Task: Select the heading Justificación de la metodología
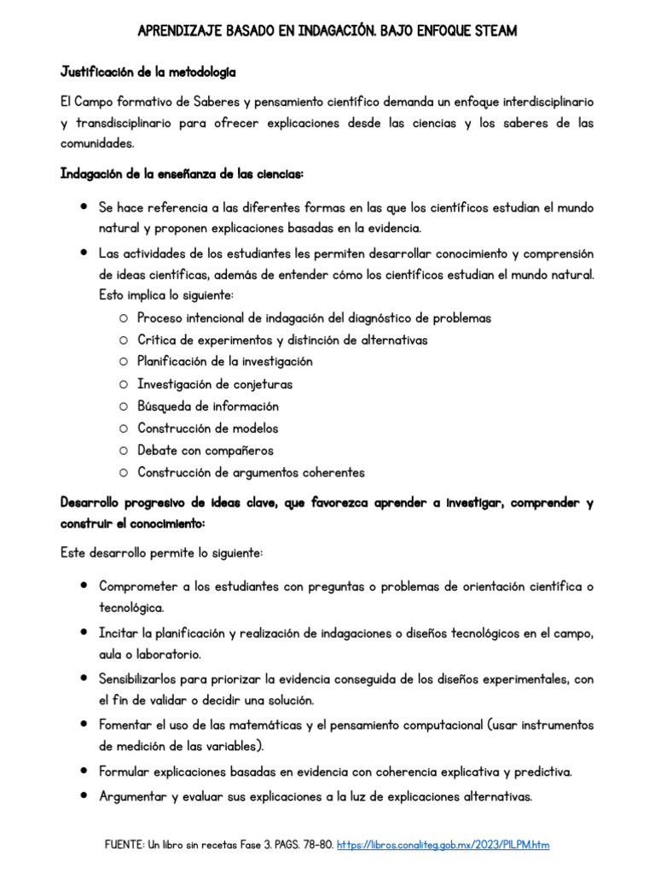click(x=148, y=70)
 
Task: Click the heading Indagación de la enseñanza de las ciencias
click(x=182, y=174)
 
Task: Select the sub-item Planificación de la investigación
click(x=225, y=361)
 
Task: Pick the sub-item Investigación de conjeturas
click(x=215, y=384)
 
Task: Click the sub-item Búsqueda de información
click(x=208, y=406)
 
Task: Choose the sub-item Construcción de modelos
click(x=208, y=428)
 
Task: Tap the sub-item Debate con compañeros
click(x=206, y=451)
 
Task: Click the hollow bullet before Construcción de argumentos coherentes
click(x=124, y=473)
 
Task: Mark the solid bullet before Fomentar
click(x=84, y=725)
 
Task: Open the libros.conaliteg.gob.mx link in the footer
click(x=443, y=845)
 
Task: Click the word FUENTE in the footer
click(x=125, y=845)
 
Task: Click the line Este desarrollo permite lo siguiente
click(x=162, y=553)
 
